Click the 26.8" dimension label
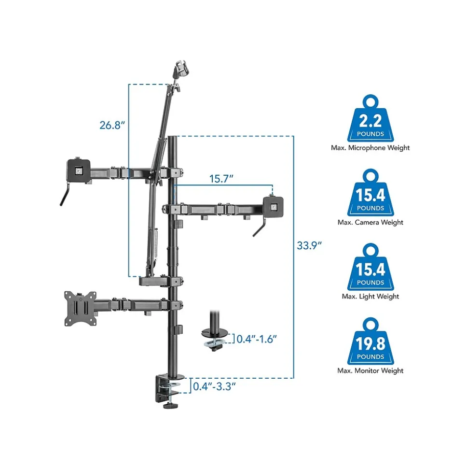(112, 125)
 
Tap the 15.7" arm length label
(221, 179)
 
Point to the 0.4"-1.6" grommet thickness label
(257, 339)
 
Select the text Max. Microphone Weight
(370, 148)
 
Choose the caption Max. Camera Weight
(370, 222)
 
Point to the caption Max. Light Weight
(370, 296)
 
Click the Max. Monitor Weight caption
(370, 370)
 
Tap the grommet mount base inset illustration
(216, 334)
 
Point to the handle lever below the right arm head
(261, 228)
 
